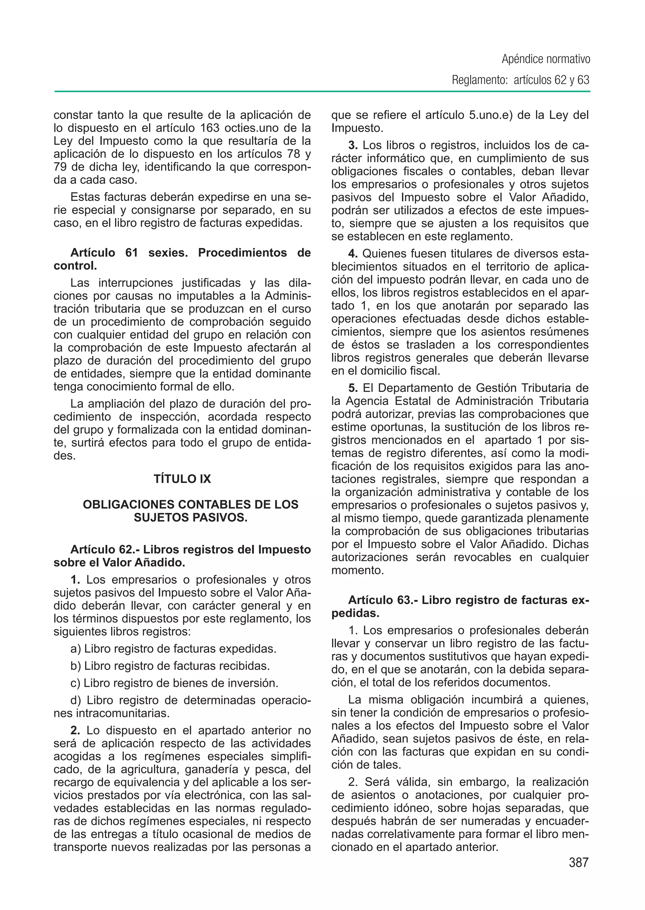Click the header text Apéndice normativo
(x=546, y=59)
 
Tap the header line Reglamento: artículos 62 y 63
(x=520, y=80)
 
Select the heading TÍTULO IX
(x=182, y=479)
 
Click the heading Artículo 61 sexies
(x=129, y=253)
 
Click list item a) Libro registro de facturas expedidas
(x=173, y=649)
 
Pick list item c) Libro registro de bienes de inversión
(x=174, y=683)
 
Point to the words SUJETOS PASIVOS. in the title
(x=190, y=518)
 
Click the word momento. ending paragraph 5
(x=357, y=570)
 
